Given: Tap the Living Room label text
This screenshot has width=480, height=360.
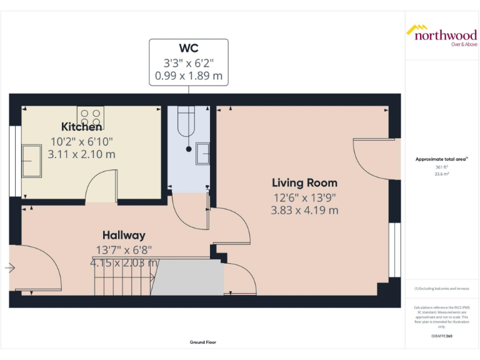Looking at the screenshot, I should (x=304, y=183).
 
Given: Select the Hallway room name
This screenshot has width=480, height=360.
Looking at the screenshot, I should (x=124, y=235).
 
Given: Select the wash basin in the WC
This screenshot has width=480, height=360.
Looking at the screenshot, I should (x=202, y=153).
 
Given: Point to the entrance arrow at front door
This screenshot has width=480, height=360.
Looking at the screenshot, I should (x=9, y=267).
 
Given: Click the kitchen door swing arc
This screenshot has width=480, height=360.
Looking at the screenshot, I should (x=100, y=187).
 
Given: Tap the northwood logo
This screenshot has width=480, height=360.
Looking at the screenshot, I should (x=442, y=34).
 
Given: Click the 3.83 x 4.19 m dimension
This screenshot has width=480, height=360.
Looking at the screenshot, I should (x=304, y=211).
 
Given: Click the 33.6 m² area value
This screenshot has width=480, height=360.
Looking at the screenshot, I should (x=442, y=174).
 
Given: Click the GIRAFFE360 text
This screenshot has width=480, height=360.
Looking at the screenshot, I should (x=442, y=336).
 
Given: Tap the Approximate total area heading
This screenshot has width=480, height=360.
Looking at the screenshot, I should (x=441, y=160).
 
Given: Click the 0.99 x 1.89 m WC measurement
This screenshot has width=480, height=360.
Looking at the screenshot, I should (x=188, y=76).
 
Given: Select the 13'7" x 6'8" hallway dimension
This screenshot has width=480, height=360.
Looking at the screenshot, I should (x=124, y=249).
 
